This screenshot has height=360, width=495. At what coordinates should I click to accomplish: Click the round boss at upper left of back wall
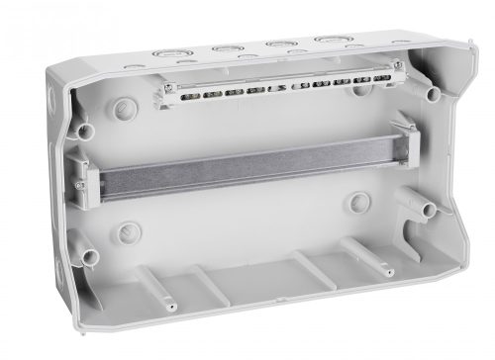coord(123,105)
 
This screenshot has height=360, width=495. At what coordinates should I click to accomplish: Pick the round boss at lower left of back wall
coord(126,233)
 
